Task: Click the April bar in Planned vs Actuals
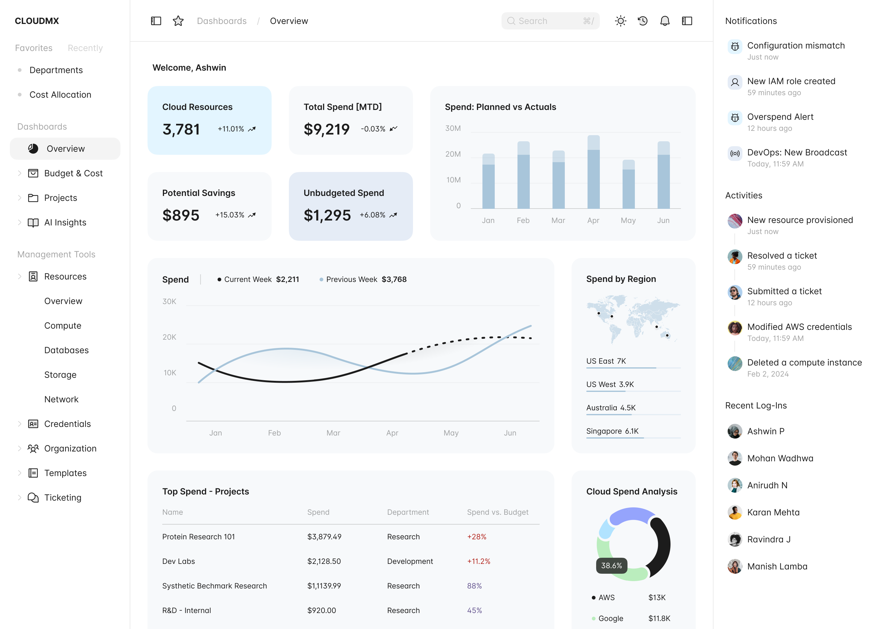(x=593, y=172)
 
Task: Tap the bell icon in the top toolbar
(x=665, y=21)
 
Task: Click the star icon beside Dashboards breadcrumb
(x=178, y=21)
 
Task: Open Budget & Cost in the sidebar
(x=73, y=173)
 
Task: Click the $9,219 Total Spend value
(x=326, y=129)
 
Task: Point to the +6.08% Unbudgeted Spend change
(x=372, y=215)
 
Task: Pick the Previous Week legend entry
(x=352, y=279)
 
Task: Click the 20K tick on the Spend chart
(x=169, y=337)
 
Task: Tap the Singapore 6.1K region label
(x=612, y=431)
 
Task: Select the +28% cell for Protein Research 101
(x=477, y=537)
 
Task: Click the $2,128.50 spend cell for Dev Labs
(x=324, y=561)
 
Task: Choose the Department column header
(x=408, y=512)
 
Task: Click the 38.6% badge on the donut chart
(x=612, y=565)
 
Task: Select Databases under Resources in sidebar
(x=66, y=350)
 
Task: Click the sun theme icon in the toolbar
(x=620, y=21)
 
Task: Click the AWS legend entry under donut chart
(x=606, y=598)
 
